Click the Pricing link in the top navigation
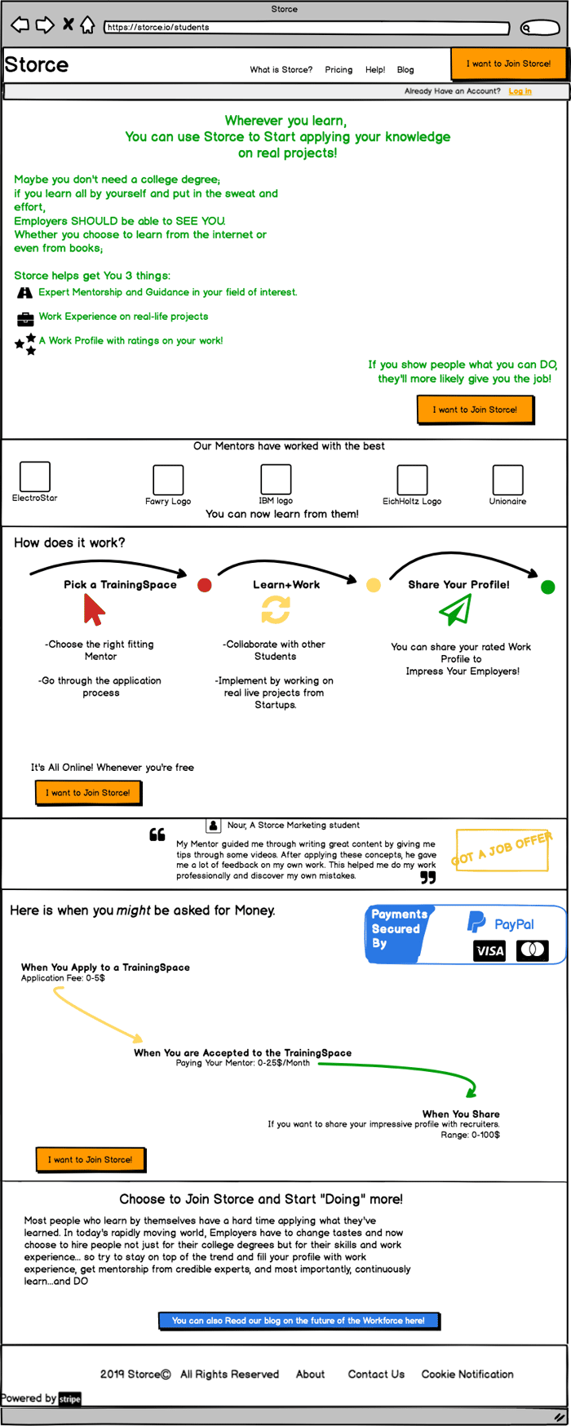pos(339,70)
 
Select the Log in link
pos(520,91)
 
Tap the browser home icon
pos(87,25)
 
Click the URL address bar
pos(307,27)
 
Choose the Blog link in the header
pos(405,70)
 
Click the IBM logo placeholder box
pos(276,480)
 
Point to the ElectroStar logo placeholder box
pos(35,476)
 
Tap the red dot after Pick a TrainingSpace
pos(205,585)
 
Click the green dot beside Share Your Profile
pos(548,587)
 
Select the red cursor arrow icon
pos(95,609)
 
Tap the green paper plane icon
pos(455,609)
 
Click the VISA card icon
pos(489,950)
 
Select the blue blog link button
pos(299,1320)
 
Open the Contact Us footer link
pos(376,1374)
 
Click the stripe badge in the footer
pos(70,1399)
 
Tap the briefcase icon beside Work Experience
pos(25,318)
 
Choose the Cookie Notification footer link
pos(467,1374)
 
